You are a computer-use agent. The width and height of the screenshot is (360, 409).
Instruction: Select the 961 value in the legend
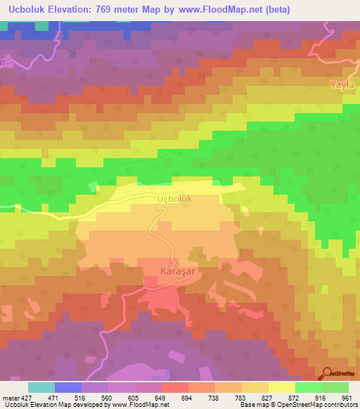pos(346,397)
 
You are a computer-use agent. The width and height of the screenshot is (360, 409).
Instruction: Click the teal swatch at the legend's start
pos(41,387)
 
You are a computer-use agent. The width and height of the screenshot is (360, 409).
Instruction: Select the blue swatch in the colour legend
pos(68,387)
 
